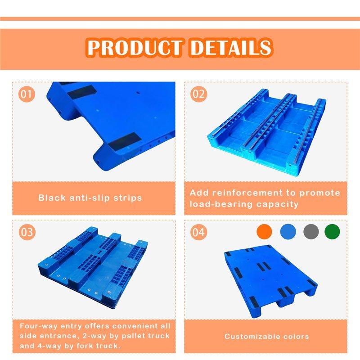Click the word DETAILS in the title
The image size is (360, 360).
coord(231,48)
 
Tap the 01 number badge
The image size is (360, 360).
coord(27,94)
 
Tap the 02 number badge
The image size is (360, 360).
coord(198,94)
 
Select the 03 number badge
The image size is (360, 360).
coord(27,232)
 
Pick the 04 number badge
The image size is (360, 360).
coord(198,232)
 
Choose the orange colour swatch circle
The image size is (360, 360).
coord(264,231)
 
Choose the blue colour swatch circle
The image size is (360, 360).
coord(288,231)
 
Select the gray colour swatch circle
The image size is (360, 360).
coord(311,231)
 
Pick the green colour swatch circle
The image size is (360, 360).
coord(332,231)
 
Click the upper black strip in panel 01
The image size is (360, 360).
coord(82,91)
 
